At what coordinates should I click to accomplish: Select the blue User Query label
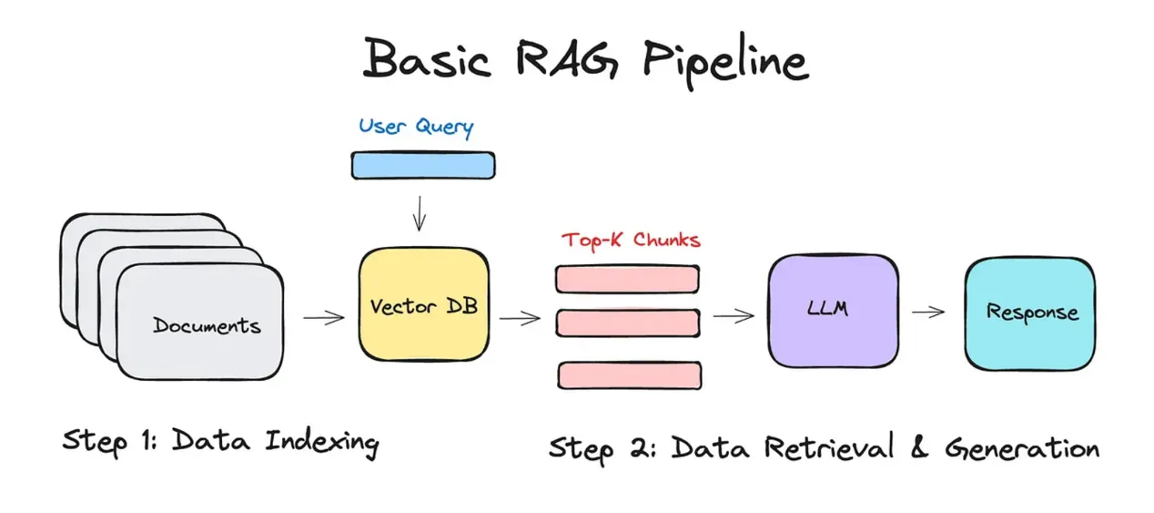[416, 126]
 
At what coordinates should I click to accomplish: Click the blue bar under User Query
[423, 165]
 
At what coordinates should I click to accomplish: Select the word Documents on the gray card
[207, 325]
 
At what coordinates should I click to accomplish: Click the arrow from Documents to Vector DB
[323, 318]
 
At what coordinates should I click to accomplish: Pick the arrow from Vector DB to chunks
[520, 318]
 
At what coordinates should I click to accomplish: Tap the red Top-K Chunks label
[631, 241]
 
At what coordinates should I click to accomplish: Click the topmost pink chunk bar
[627, 279]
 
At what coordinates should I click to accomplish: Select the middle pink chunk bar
[627, 323]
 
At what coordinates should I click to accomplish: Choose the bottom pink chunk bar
[629, 374]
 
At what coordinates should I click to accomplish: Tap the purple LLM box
[827, 308]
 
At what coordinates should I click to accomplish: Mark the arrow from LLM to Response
[927, 312]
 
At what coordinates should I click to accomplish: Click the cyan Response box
[1031, 313]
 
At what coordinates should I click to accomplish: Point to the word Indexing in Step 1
[322, 443]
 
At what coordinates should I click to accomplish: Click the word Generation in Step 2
[1021, 448]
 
